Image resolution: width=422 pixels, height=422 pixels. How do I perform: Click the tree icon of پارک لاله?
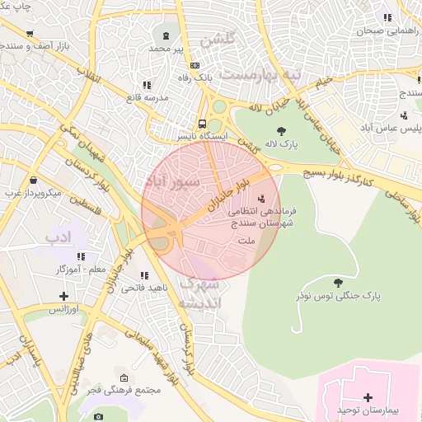[282, 130]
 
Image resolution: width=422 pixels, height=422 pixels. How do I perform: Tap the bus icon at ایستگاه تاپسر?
[203, 124]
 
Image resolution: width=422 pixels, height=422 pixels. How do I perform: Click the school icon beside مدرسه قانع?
[147, 85]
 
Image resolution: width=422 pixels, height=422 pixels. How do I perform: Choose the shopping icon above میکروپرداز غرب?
[32, 180]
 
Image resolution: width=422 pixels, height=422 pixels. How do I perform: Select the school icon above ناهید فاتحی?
[145, 276]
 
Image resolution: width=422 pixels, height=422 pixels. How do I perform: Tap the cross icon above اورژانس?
[63, 296]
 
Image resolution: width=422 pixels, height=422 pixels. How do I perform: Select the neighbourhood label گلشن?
[219, 39]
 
